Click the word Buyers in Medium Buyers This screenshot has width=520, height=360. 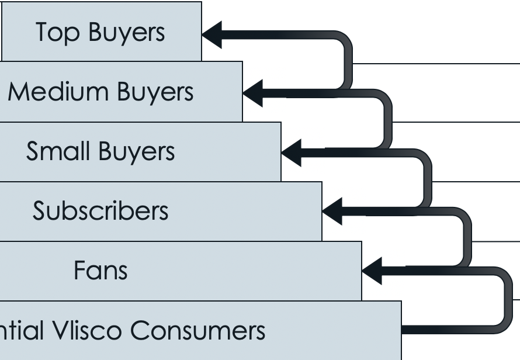pyautogui.click(x=155, y=92)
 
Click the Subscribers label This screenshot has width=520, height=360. pyautogui.click(x=100, y=211)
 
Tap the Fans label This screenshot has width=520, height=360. pyautogui.click(x=100, y=271)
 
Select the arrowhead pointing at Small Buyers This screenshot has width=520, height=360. pyautogui.click(x=292, y=152)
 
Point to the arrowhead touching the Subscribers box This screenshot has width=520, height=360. pyautogui.click(x=332, y=212)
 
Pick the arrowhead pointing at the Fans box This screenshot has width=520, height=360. pyautogui.click(x=372, y=271)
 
